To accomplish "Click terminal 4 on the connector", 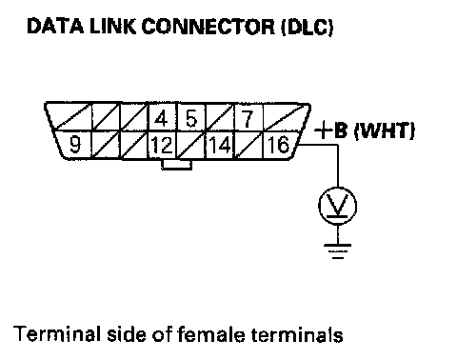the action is pyautogui.click(x=162, y=118).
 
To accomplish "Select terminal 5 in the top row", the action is pyautogui.click(x=191, y=118).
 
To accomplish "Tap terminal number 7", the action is pyautogui.click(x=248, y=118).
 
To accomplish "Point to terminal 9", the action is pyautogui.click(x=74, y=145).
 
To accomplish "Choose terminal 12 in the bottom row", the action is pyautogui.click(x=162, y=145).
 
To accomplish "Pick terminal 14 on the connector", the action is pyautogui.click(x=220, y=145).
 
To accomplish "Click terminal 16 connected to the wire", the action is pyautogui.click(x=279, y=145).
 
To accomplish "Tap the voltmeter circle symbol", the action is pyautogui.click(x=337, y=206).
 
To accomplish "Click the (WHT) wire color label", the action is pyautogui.click(x=384, y=130).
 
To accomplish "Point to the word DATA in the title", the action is pyautogui.click(x=55, y=27).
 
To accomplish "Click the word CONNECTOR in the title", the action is pyautogui.click(x=209, y=27).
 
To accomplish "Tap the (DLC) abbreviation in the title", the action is pyautogui.click(x=307, y=27).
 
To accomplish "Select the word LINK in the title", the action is pyautogui.click(x=112, y=27).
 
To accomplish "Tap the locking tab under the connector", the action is pyautogui.click(x=176, y=165).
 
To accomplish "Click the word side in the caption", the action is pyautogui.click(x=127, y=334).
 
